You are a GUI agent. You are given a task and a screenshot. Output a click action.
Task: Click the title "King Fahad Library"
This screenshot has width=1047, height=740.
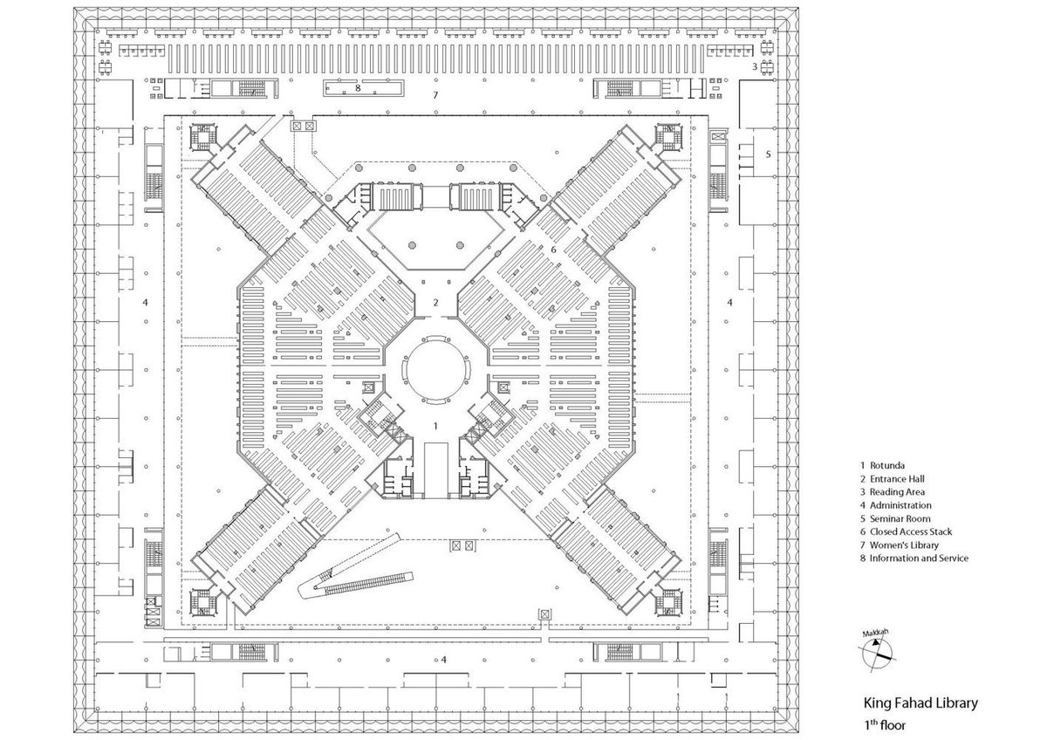point(920,702)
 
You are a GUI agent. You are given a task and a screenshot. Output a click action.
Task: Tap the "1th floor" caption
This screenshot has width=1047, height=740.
point(886,724)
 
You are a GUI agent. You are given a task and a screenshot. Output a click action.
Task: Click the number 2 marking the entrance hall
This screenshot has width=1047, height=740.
point(435,303)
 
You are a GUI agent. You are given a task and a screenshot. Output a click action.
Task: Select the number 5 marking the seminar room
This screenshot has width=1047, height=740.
point(768,154)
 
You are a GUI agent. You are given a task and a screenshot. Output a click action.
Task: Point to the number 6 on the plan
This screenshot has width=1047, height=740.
point(553,250)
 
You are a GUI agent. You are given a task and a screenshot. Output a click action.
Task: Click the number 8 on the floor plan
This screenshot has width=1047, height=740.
point(357,88)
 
